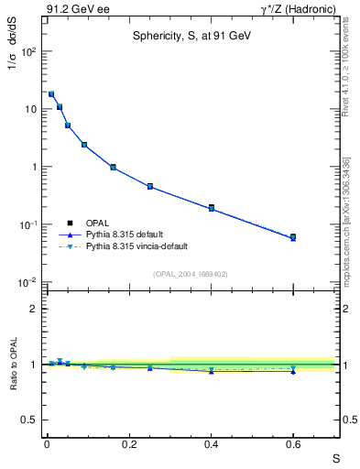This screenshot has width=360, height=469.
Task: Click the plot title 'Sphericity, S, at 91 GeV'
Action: pyautogui.click(x=190, y=36)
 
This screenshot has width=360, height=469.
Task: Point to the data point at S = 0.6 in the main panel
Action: pyautogui.click(x=293, y=237)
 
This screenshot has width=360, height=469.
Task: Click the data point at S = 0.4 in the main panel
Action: pyautogui.click(x=212, y=208)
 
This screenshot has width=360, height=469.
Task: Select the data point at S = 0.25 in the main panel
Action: pyautogui.click(x=149, y=187)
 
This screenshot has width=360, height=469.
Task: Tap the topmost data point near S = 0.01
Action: pyautogui.click(x=51, y=94)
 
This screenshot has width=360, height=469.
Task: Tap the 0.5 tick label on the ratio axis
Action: pyautogui.click(x=31, y=420)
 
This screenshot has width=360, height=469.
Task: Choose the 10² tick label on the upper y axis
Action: pyautogui.click(x=29, y=51)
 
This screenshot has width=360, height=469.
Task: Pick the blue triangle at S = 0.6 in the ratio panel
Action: pyautogui.click(x=293, y=371)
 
